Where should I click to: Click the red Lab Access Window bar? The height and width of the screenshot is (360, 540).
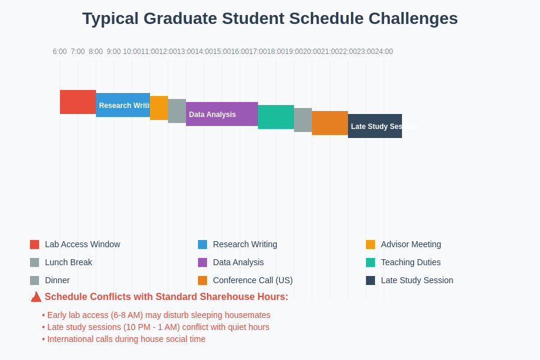78,102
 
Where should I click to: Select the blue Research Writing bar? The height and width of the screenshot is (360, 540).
123,105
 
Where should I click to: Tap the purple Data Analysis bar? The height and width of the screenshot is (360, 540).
222,114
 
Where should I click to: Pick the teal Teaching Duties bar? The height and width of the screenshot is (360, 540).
276,117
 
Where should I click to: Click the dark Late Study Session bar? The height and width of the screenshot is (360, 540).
375,126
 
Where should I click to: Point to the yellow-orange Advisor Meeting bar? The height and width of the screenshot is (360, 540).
159,108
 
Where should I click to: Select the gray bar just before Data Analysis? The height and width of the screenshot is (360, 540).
177,111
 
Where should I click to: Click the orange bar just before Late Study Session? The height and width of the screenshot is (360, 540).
330,123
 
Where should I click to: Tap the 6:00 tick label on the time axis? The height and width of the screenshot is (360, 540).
59,52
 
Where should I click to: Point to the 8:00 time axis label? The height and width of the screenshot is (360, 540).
96,52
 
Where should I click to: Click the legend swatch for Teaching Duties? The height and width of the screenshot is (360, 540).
370,262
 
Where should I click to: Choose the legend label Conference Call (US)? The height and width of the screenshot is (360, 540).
253,280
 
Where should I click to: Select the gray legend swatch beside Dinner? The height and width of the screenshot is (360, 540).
34,280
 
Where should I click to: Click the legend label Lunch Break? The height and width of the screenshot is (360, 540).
68,262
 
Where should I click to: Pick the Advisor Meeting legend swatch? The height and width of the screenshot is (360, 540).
370,244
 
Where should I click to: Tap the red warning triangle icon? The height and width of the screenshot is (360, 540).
36,297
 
